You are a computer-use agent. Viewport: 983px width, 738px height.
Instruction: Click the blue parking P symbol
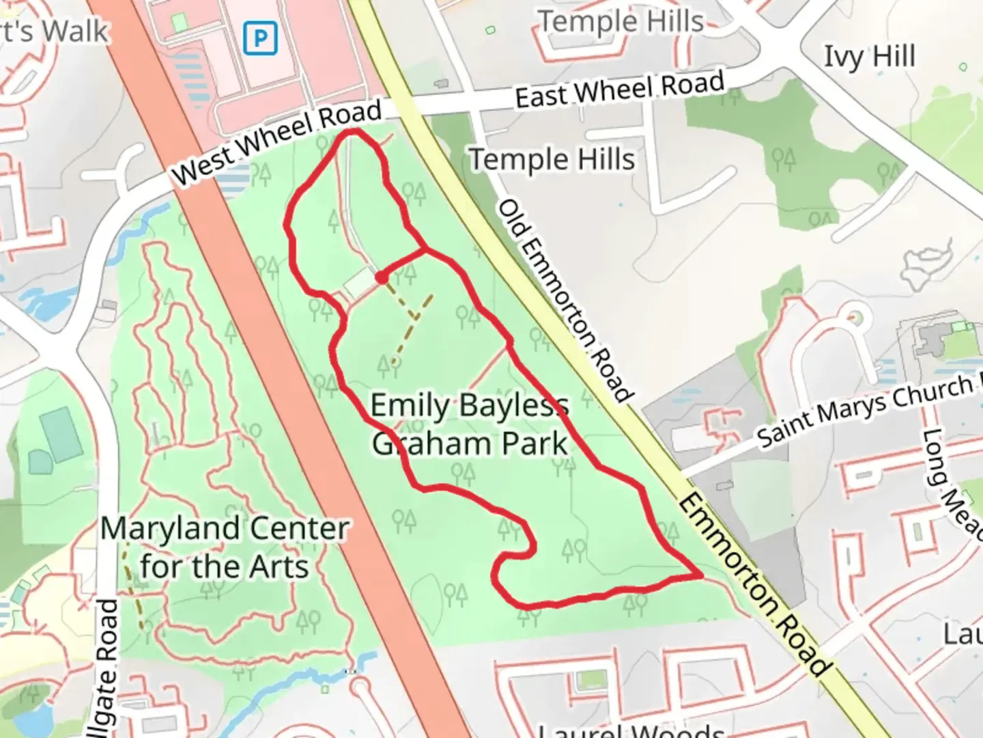260,38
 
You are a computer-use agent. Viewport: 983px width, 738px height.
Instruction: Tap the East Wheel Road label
619,90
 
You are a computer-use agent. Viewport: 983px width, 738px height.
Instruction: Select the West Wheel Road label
276,141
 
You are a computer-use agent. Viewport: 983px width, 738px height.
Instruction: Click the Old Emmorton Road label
565,300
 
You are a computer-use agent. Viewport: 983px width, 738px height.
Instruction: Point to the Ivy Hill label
869,57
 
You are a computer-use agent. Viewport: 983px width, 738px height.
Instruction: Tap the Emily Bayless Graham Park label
470,424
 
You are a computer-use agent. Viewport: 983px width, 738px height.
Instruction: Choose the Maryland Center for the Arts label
225,547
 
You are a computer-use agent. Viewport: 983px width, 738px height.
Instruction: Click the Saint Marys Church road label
867,410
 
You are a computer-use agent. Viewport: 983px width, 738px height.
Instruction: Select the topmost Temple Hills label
622,22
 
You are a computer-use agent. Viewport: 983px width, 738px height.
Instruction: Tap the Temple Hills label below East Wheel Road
552,160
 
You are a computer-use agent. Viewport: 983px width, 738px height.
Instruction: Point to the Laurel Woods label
631,730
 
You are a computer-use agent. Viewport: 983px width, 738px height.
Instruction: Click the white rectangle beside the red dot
358,284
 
